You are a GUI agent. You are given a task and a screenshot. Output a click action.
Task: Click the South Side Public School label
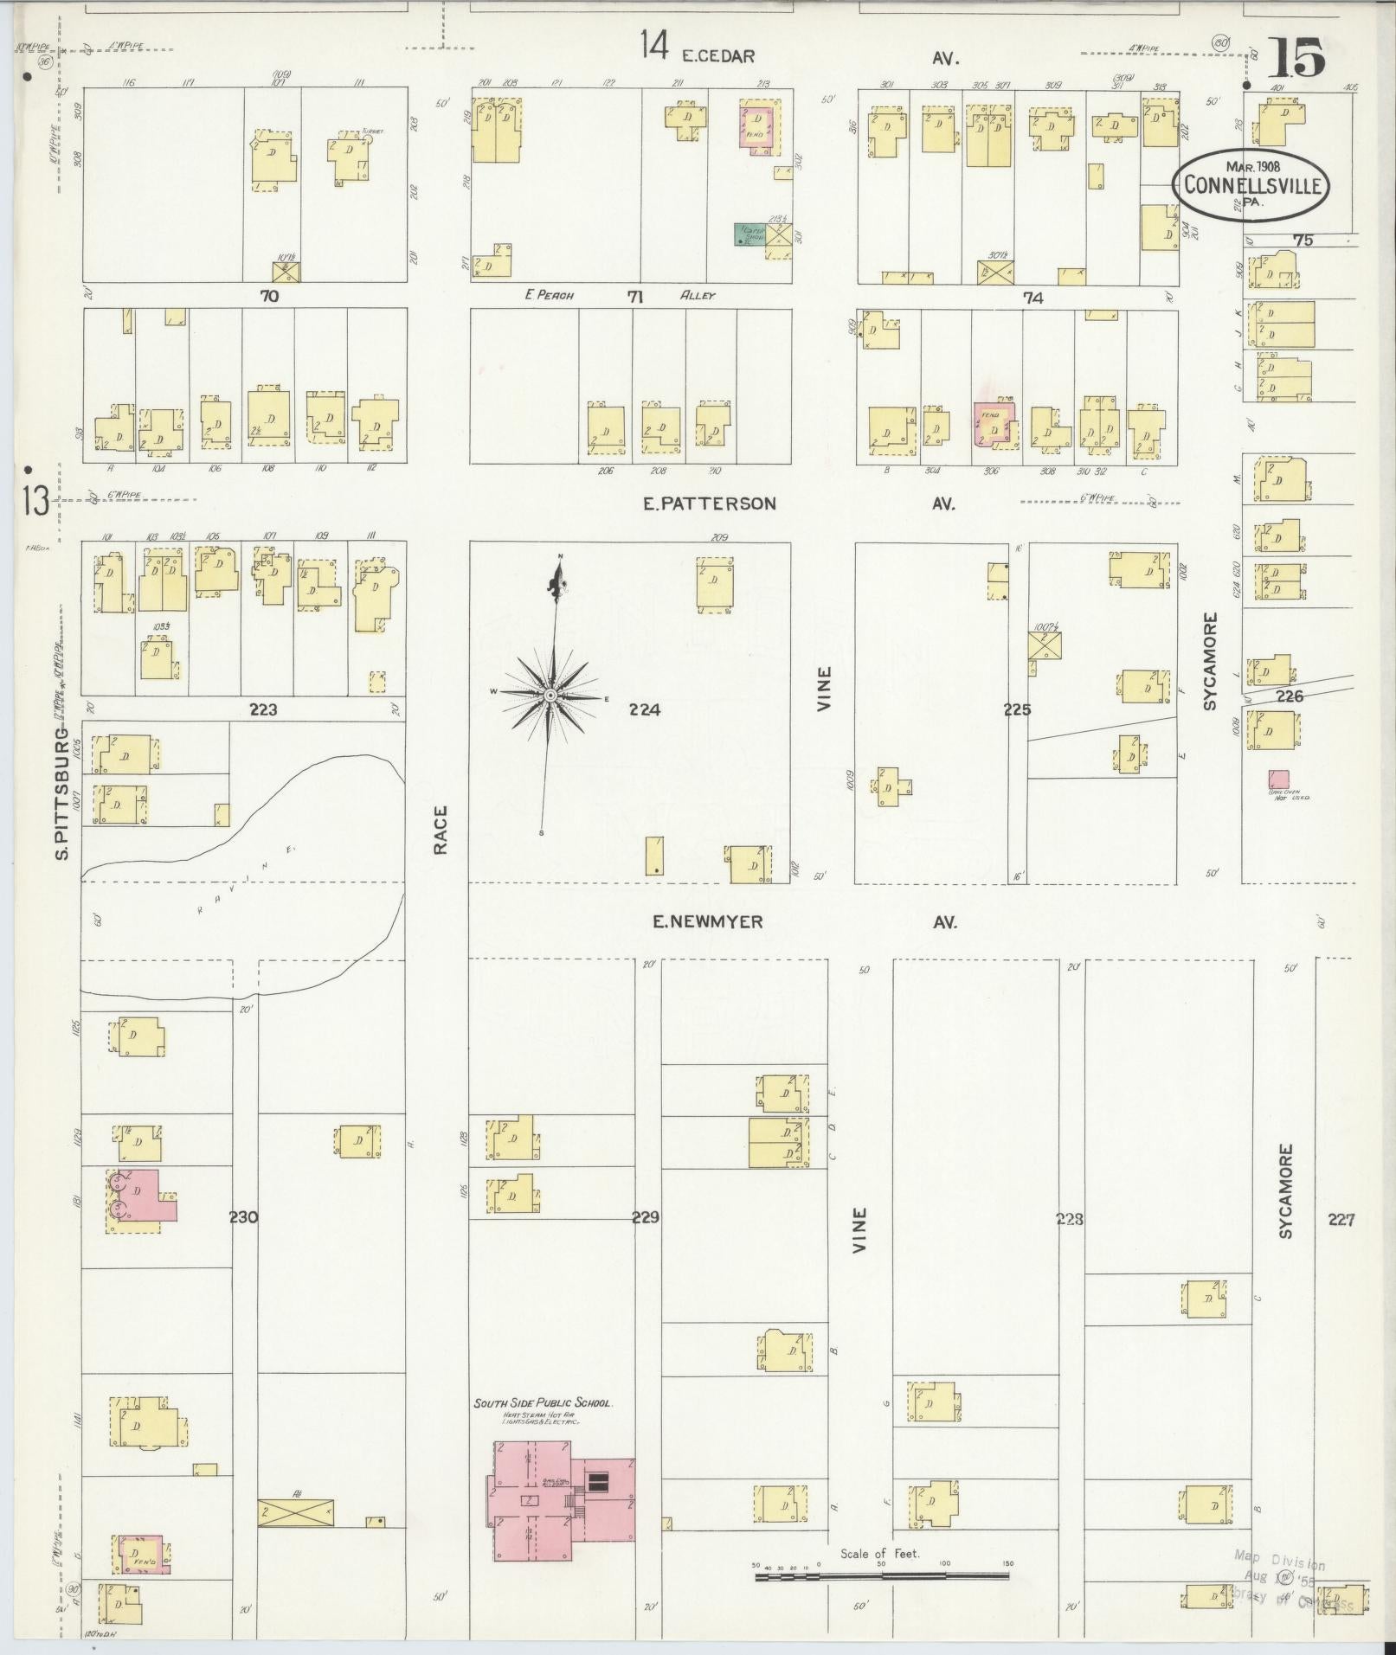click(543, 1403)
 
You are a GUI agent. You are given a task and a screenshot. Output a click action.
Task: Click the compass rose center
click(550, 695)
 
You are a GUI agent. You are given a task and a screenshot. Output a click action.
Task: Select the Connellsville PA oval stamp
click(1251, 184)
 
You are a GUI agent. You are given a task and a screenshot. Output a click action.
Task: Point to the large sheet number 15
click(1296, 59)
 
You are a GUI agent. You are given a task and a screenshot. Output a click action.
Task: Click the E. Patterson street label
click(709, 504)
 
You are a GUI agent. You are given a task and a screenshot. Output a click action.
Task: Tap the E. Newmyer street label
click(707, 922)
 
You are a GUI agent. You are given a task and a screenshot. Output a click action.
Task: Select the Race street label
click(441, 831)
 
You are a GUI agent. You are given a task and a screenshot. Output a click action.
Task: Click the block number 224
click(645, 709)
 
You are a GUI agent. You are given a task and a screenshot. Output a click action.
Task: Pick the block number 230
click(243, 1217)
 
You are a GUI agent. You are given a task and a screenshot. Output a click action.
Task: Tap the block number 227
click(1341, 1220)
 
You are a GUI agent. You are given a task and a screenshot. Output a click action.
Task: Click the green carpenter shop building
click(749, 234)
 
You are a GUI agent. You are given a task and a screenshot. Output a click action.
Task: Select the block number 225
click(1017, 709)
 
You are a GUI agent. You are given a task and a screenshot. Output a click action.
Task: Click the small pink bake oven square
click(1277, 778)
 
